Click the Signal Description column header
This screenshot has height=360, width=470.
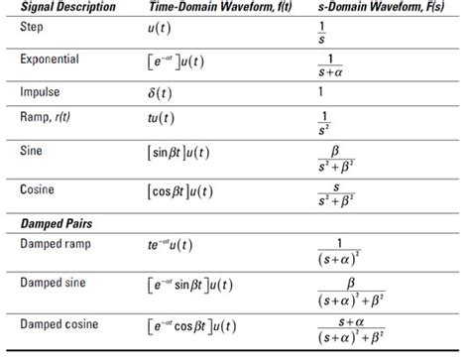[67, 7]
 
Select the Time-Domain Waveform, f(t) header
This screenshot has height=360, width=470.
[214, 7]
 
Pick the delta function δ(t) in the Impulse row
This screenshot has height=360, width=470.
[158, 93]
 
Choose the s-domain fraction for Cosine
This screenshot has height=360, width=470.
[336, 190]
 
